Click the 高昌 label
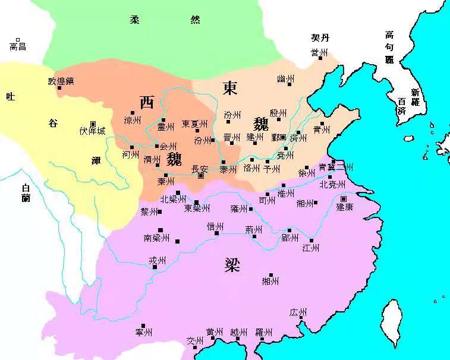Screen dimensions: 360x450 pos(18,46)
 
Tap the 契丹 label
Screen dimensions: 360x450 pos(320,37)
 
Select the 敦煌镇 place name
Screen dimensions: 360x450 pos(61,81)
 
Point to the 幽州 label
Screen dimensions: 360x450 pos(285,78)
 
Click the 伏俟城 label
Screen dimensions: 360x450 pos(92,131)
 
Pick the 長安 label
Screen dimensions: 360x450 pos(200,169)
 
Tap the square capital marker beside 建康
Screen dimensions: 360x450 pos(344,198)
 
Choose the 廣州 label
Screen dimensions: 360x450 pos(298,312)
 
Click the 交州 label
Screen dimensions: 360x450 pos(195,341)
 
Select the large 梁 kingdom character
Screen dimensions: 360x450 pos(232,264)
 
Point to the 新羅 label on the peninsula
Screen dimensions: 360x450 pos(415,97)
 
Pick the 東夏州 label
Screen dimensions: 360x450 pos(195,124)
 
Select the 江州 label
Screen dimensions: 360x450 pos(311,248)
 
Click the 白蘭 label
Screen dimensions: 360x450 pos(25,193)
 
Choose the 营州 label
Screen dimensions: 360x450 pos(319,53)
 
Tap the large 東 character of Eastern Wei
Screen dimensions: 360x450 pos(230,88)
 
